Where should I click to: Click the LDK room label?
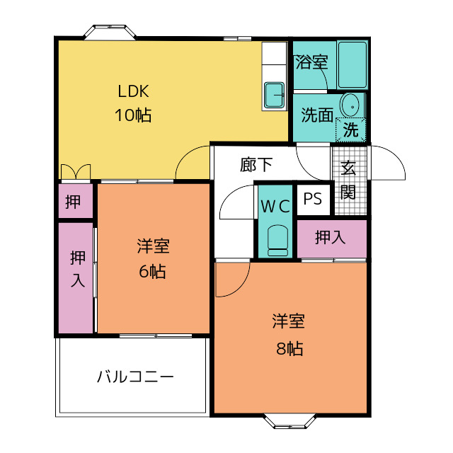click(x=133, y=91)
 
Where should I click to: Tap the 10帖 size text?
click(x=133, y=115)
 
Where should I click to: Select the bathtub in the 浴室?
click(x=352, y=64)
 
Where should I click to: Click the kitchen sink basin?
click(x=275, y=95)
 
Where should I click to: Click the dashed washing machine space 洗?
click(x=351, y=130)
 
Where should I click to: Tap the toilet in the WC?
click(x=277, y=241)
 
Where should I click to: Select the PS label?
click(x=313, y=199)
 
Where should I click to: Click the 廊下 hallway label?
click(x=256, y=165)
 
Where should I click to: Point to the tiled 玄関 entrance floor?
click(x=349, y=180)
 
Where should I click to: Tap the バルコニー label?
click(x=135, y=377)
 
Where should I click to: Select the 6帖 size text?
click(x=152, y=272)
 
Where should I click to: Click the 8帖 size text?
click(x=289, y=348)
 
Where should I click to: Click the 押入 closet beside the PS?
click(x=332, y=239)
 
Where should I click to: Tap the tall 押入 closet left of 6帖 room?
click(x=76, y=277)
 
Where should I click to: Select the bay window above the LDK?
click(x=110, y=32)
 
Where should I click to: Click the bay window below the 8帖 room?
click(x=289, y=421)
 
